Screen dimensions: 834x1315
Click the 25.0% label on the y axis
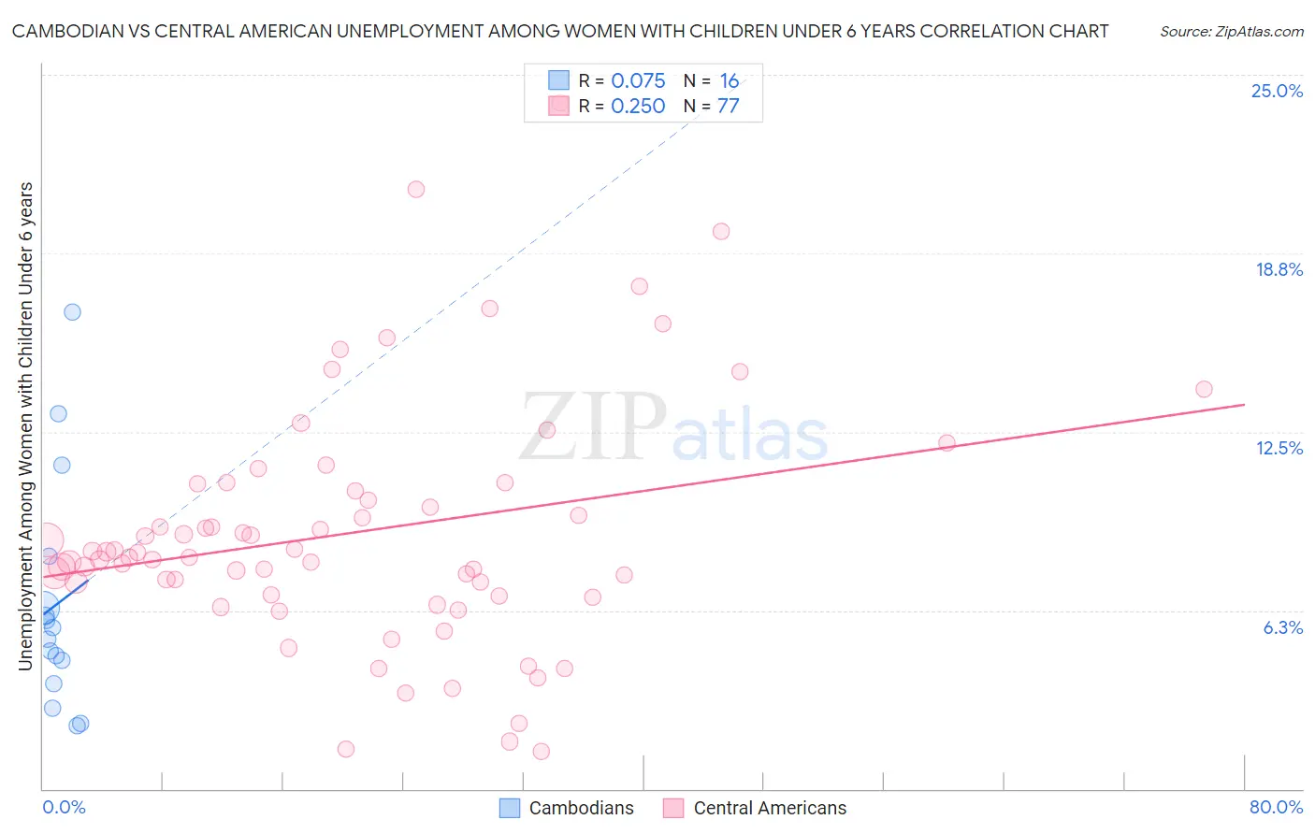pos(1277,91)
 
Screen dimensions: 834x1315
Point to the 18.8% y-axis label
pos(1279,269)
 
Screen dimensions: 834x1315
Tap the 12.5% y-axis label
pos(1279,448)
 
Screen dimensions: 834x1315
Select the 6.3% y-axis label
pos(1282,627)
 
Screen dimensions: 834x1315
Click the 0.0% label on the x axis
pos(64,807)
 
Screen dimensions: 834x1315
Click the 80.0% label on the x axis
pos(1276,807)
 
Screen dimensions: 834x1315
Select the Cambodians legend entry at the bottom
pos(567,808)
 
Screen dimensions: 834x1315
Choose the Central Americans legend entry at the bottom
pos(755,808)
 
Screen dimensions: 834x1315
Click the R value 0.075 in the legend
pos(638,80)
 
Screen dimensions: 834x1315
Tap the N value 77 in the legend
pos(728,106)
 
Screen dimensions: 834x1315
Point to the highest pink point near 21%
pos(416,189)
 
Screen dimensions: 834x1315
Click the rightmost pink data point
pos(1204,389)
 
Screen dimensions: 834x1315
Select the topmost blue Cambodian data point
pos(72,312)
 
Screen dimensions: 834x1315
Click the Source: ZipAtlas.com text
pos(1231,31)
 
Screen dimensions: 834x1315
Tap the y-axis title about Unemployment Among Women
pos(25,425)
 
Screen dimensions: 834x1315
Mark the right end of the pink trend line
pos(1244,404)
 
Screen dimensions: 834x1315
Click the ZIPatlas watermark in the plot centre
pos(673,429)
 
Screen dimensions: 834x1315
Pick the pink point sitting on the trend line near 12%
pos(947,442)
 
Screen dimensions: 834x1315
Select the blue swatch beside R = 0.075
pos(558,80)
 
